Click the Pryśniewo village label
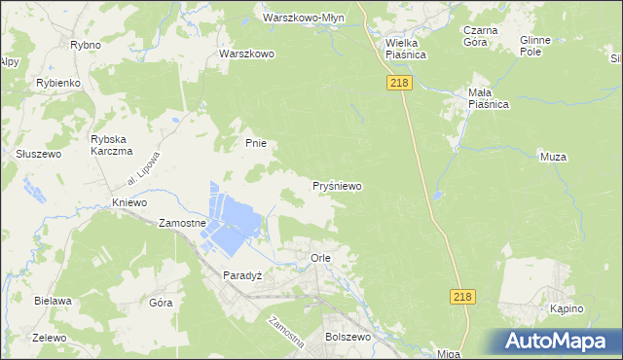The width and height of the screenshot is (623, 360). pos(337,185)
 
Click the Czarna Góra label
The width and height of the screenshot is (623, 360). pos(481,36)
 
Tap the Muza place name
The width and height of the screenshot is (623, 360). pos(552,156)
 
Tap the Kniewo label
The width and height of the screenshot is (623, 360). pos(128,202)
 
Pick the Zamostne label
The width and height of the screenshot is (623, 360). pos(182,223)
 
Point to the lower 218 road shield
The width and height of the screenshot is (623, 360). pos(463,297)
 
